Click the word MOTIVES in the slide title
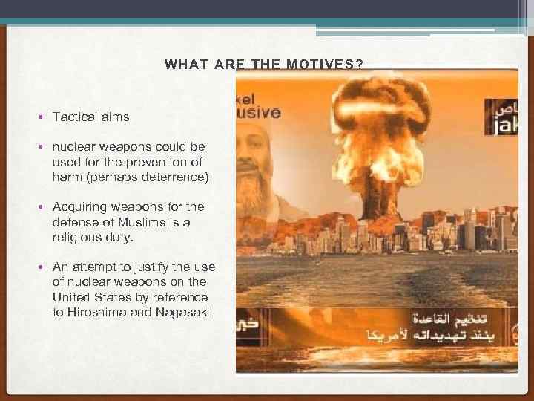326,65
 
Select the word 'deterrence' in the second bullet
177,177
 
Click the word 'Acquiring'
81,206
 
